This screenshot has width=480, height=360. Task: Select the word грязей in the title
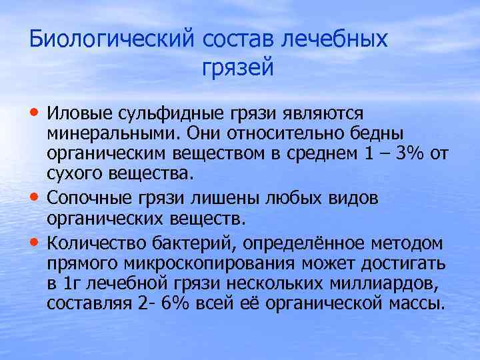point(237,67)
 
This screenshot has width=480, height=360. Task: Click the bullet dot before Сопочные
point(35,198)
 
